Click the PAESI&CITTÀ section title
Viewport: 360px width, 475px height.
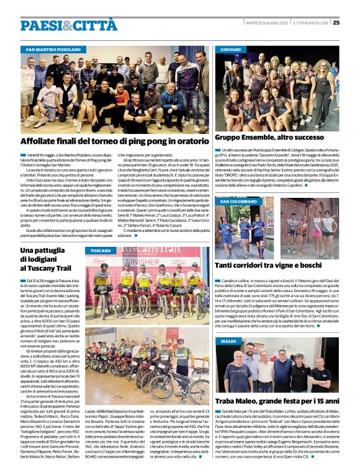68,25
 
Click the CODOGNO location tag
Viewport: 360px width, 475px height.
231,48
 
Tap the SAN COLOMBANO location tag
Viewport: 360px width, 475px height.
238,202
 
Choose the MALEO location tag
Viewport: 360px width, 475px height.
228,341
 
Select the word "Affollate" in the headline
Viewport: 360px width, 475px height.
39,142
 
